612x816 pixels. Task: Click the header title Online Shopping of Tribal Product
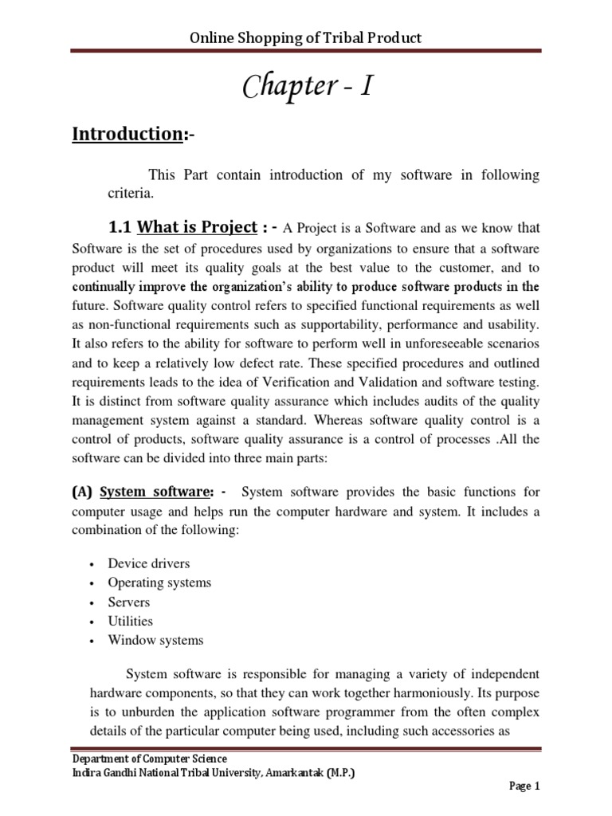click(305, 37)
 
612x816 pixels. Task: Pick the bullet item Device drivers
click(149, 563)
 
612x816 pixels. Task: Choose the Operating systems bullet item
click(159, 583)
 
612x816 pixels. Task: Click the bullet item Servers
click(129, 602)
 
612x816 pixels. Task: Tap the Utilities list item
click(131, 621)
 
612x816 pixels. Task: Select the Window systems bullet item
click(155, 640)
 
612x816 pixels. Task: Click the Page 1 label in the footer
click(525, 787)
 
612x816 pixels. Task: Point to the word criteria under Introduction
click(130, 194)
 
